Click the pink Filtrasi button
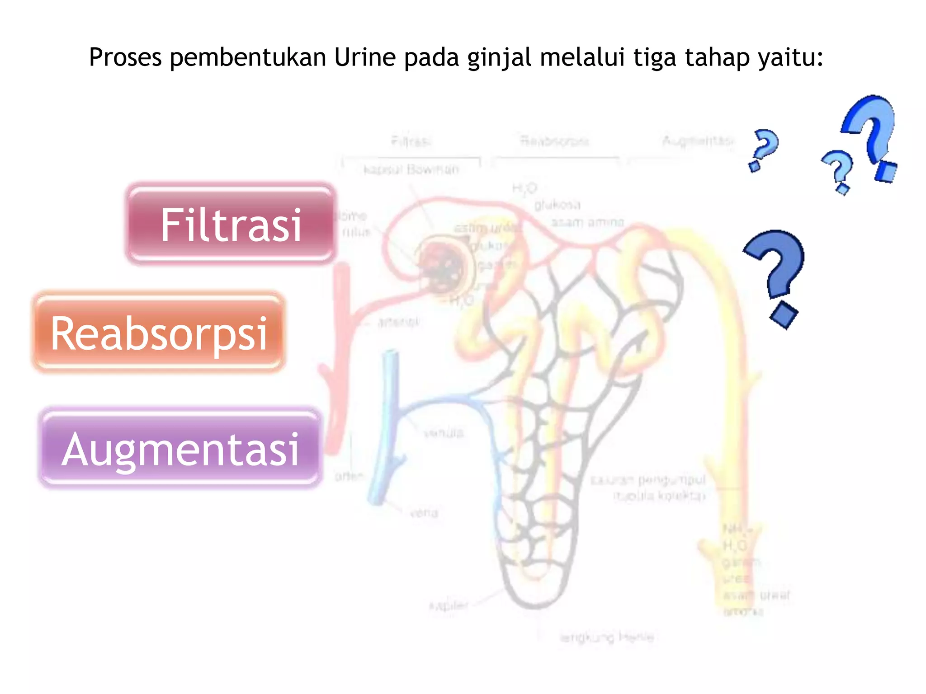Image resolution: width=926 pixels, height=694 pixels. point(231,224)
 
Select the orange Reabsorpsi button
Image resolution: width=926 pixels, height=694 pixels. point(159,333)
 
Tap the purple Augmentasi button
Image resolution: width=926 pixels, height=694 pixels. point(180,448)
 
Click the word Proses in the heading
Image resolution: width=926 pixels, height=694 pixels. point(125,57)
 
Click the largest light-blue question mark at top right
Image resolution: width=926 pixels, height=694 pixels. point(870,136)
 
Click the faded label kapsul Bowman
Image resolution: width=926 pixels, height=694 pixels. point(411,169)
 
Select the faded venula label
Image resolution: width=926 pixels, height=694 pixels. point(444,433)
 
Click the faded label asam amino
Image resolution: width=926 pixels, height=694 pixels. point(587,222)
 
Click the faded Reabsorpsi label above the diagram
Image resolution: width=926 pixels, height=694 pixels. point(554,141)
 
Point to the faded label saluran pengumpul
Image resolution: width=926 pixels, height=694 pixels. point(648,479)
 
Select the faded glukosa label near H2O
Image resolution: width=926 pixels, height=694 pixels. point(557,205)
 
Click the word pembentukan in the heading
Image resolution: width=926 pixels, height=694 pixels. point(248,57)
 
